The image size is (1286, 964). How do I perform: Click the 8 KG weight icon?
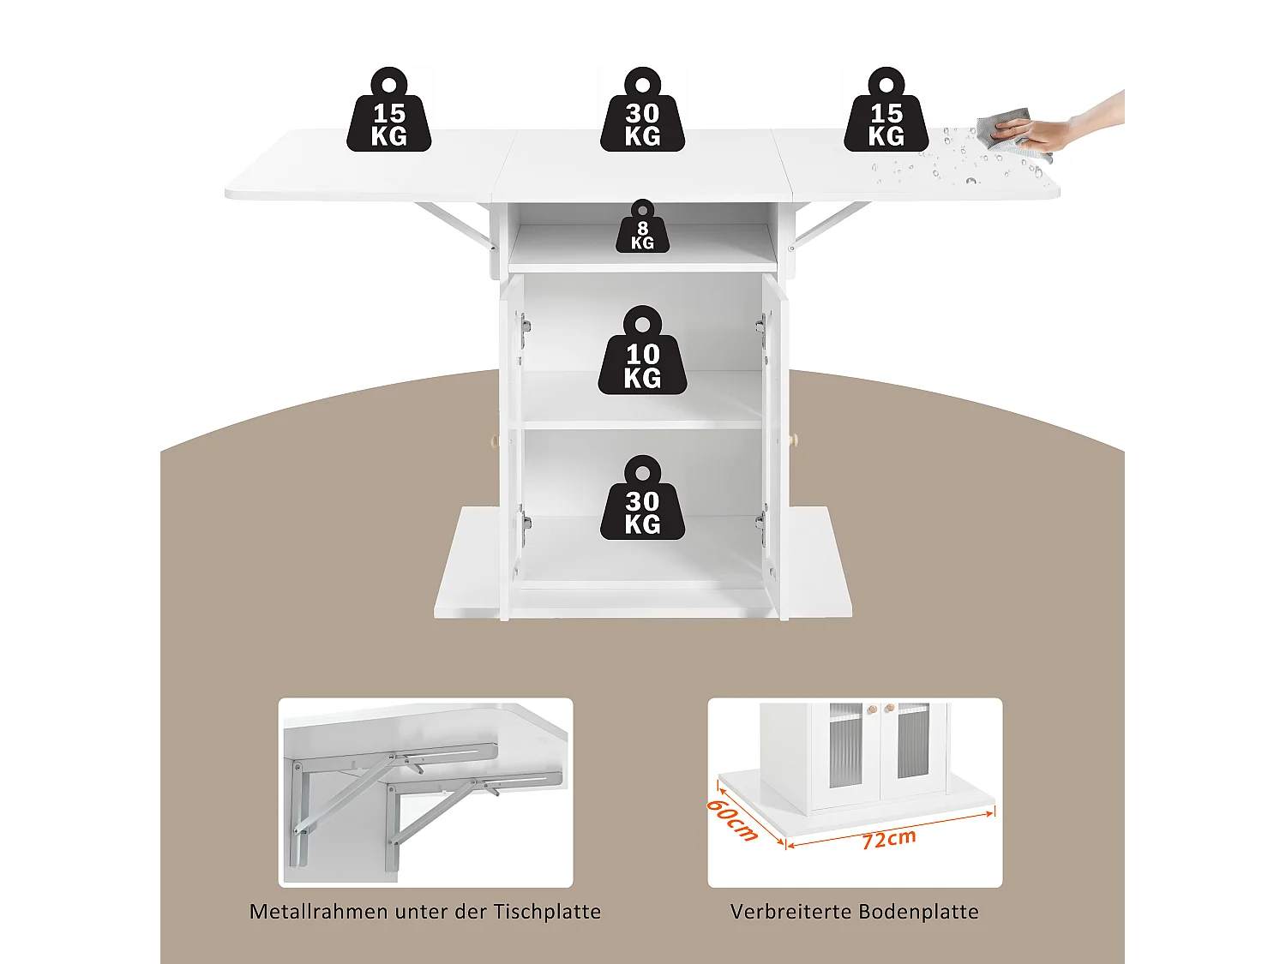642,228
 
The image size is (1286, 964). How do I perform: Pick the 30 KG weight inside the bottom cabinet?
642,503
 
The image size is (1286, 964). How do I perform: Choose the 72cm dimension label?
889,838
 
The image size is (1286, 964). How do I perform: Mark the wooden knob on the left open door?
494,440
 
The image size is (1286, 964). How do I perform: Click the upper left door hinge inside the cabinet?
525,325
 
